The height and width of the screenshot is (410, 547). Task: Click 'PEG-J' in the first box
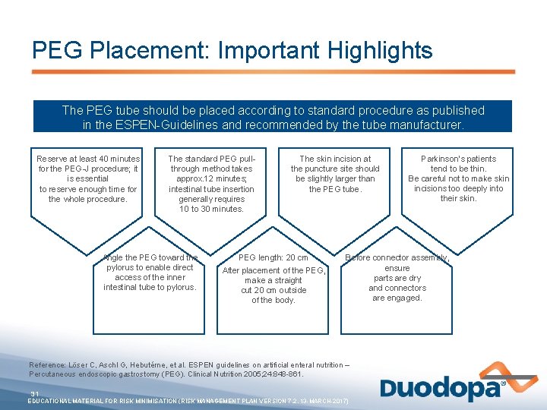tap(65, 169)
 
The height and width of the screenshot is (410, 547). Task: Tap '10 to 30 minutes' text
tap(211, 209)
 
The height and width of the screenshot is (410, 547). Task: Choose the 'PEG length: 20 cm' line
tap(273, 257)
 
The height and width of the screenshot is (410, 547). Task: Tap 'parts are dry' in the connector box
tap(397, 278)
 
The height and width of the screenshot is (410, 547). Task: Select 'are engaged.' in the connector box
tap(397, 298)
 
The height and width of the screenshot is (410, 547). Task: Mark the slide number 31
tap(34, 393)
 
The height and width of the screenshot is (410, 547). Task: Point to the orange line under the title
tap(273, 72)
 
